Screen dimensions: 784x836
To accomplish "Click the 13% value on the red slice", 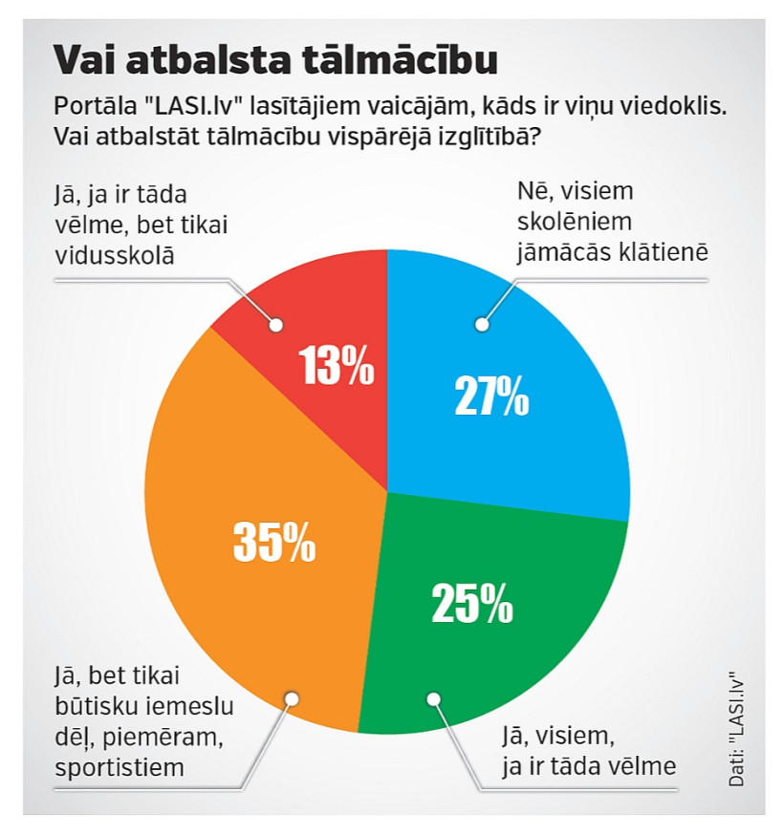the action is (x=337, y=365).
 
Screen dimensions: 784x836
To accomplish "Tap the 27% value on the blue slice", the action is (x=491, y=396).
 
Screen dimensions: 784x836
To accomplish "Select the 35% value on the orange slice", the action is (x=274, y=542).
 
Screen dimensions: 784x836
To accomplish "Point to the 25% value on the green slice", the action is (x=472, y=603).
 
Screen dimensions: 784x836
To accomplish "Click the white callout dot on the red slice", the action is (x=276, y=325).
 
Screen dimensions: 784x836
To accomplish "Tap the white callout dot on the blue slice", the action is (x=482, y=324).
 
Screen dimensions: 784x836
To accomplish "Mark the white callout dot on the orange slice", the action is (x=292, y=699).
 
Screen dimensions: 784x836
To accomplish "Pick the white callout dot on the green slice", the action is (x=433, y=698).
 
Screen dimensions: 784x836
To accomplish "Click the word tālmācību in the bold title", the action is (x=400, y=59).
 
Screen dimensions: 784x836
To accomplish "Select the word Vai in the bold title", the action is (x=85, y=59).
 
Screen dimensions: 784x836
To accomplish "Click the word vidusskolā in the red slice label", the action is (x=115, y=255).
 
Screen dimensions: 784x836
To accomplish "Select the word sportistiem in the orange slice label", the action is (x=120, y=768).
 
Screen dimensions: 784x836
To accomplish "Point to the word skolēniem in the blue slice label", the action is (x=575, y=222).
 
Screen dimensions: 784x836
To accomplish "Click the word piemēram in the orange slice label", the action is (x=163, y=738).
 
